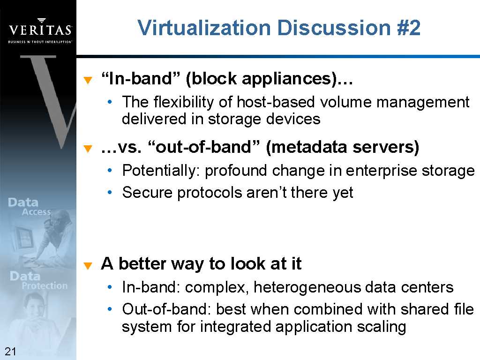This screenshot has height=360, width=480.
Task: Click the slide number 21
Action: [x=10, y=351]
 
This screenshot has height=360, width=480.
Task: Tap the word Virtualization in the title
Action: [x=204, y=28]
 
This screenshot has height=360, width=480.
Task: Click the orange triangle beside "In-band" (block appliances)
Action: [x=88, y=80]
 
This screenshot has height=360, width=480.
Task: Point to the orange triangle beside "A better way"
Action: [x=88, y=265]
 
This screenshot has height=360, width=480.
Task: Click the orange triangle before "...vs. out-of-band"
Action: [x=88, y=149]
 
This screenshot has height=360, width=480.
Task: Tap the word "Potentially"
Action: [x=161, y=171]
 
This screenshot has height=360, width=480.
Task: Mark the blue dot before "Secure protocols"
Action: [x=110, y=193]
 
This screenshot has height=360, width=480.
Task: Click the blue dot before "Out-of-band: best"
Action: [x=110, y=309]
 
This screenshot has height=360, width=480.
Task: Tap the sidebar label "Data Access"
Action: [x=30, y=207]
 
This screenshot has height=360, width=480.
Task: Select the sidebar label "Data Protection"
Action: [x=38, y=280]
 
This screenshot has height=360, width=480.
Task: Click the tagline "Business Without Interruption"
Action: [x=40, y=42]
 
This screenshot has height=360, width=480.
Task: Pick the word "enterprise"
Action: [x=381, y=171]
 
